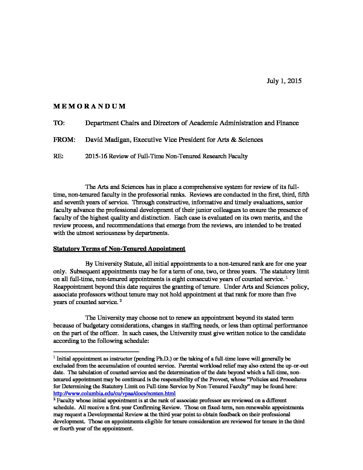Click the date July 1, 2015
[284, 81]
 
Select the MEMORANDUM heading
[89, 106]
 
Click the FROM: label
[64, 140]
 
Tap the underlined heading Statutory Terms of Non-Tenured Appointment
[119, 249]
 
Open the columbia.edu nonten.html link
[114, 393]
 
